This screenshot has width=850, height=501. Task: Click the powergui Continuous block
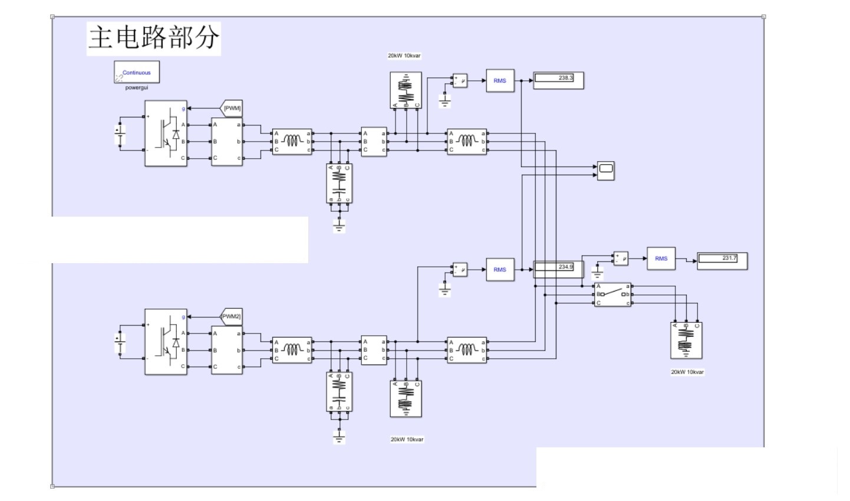click(x=136, y=73)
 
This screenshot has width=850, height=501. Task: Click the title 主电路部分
click(x=153, y=38)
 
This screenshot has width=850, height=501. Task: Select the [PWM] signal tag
click(x=232, y=108)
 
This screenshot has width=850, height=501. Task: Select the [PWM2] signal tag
click(x=232, y=316)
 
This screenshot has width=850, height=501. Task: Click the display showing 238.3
click(x=558, y=80)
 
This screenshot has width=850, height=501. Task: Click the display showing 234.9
click(x=558, y=269)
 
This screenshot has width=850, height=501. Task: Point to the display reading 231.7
click(x=722, y=260)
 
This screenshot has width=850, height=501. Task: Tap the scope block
click(x=605, y=170)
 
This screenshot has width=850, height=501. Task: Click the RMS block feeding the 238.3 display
click(x=500, y=81)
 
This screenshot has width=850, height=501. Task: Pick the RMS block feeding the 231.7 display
click(x=661, y=258)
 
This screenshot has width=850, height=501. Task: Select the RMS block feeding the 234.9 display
click(x=500, y=270)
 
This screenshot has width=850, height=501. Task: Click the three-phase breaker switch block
click(x=612, y=294)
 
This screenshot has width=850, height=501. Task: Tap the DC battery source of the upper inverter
click(x=120, y=134)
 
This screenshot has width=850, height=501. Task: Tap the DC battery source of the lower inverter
click(x=120, y=342)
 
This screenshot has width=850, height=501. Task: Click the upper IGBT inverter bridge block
click(x=166, y=133)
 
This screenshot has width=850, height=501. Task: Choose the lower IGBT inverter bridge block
click(x=166, y=342)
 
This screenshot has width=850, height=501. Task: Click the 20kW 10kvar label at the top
click(x=404, y=56)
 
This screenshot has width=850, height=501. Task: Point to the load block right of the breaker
click(x=686, y=340)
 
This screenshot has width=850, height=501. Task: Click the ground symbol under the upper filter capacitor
click(x=339, y=224)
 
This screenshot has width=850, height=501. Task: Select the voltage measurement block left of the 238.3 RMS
click(x=460, y=81)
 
